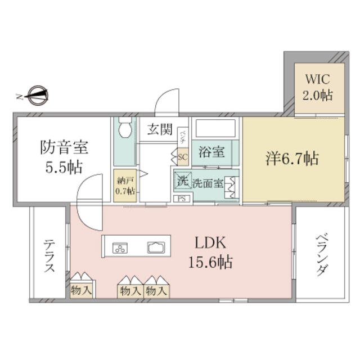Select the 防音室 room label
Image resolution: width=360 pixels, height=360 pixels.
64,157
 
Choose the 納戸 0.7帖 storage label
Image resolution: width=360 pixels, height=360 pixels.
125,186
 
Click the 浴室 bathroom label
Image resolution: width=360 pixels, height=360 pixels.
211,152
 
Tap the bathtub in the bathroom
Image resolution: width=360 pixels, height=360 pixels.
216,130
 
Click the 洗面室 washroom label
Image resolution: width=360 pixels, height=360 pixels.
208,183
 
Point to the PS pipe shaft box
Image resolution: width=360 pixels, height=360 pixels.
182,199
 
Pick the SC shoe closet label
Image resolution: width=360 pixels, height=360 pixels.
182,157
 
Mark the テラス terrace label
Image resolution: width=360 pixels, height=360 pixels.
49,256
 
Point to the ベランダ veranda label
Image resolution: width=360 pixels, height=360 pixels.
321,254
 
